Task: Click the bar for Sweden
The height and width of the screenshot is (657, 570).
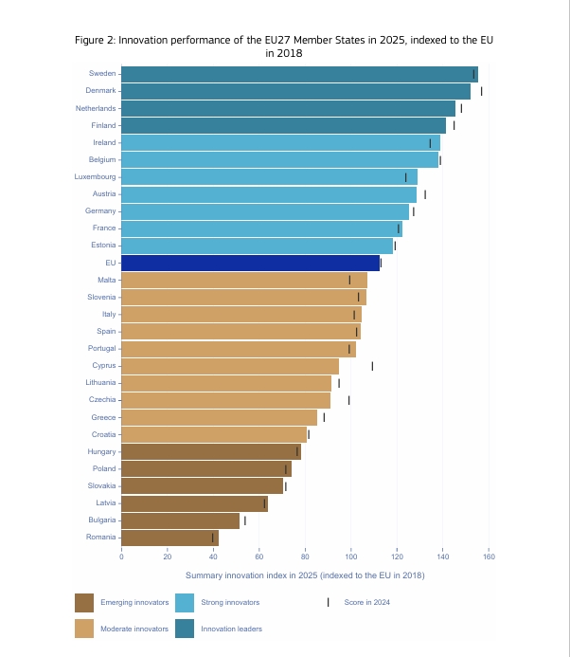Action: (x=299, y=74)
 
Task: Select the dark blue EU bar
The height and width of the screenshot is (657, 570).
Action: (x=251, y=263)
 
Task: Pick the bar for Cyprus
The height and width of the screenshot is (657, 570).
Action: (x=230, y=366)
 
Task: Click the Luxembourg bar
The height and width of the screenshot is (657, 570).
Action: (x=269, y=177)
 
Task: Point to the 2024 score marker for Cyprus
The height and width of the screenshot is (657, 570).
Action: (x=372, y=366)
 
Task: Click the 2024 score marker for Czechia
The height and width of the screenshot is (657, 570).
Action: (x=349, y=400)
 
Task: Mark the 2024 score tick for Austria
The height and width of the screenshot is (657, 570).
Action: (x=425, y=194)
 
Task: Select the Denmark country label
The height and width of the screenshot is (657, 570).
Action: (x=100, y=91)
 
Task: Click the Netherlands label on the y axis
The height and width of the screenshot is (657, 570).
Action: (x=96, y=108)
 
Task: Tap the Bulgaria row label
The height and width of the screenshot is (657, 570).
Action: (x=101, y=520)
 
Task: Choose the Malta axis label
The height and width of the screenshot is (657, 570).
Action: (x=107, y=280)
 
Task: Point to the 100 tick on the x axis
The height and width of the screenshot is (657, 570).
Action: (x=351, y=557)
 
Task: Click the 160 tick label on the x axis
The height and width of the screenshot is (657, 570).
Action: (x=489, y=557)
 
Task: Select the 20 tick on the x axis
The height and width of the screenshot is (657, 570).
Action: (x=168, y=557)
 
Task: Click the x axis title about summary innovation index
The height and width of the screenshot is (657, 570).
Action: (x=305, y=575)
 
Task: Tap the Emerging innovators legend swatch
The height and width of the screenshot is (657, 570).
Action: (x=84, y=602)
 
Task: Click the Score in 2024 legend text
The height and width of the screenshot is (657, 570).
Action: (x=367, y=602)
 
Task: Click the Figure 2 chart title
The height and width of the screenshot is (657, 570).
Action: (x=284, y=46)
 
